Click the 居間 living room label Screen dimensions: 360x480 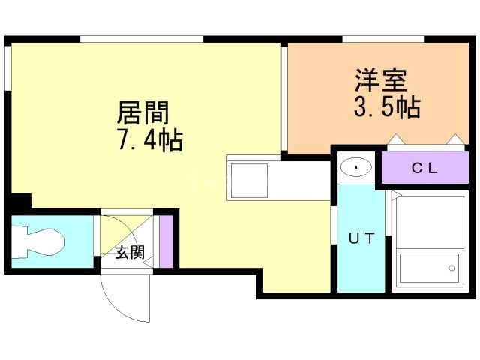143,113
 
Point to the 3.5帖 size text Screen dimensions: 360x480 386,107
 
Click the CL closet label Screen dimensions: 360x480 424,168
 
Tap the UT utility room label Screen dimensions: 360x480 360,239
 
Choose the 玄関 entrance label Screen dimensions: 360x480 129,252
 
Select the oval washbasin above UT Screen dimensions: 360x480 355,166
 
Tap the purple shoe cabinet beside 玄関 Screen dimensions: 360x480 166,241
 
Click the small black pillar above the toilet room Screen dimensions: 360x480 20,201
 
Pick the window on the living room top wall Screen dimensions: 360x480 142,39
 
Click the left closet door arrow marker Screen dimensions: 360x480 394,139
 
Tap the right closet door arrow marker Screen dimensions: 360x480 454,139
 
